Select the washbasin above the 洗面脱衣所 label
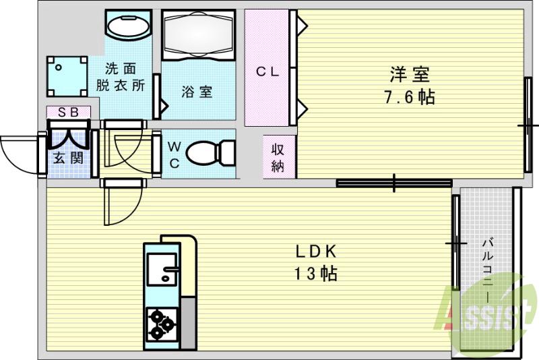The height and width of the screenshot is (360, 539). [128, 27]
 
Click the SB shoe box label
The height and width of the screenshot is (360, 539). [67, 113]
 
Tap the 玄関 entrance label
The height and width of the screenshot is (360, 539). [67, 158]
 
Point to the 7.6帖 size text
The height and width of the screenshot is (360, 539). [409, 96]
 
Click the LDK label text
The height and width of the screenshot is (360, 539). [314, 251]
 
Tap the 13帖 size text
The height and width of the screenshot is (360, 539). [315, 274]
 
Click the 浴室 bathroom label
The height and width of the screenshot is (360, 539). [197, 92]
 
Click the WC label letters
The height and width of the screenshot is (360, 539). [173, 155]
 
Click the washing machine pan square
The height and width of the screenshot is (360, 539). [67, 76]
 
